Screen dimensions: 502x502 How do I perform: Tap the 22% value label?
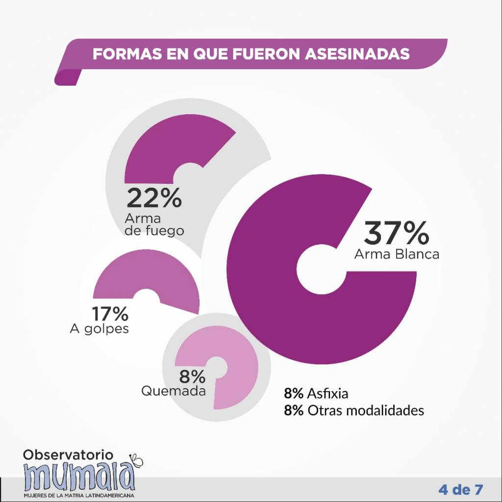(154, 198)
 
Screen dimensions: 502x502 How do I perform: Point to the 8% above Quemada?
(192, 376)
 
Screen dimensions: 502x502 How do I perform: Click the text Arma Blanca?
(397, 254)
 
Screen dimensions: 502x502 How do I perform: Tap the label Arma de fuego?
(154, 224)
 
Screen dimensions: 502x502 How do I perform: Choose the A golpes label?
(100, 328)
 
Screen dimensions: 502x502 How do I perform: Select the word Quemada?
(174, 391)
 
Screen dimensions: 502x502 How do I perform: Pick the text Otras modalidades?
(366, 410)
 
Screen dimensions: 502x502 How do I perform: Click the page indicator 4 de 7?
(461, 489)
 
